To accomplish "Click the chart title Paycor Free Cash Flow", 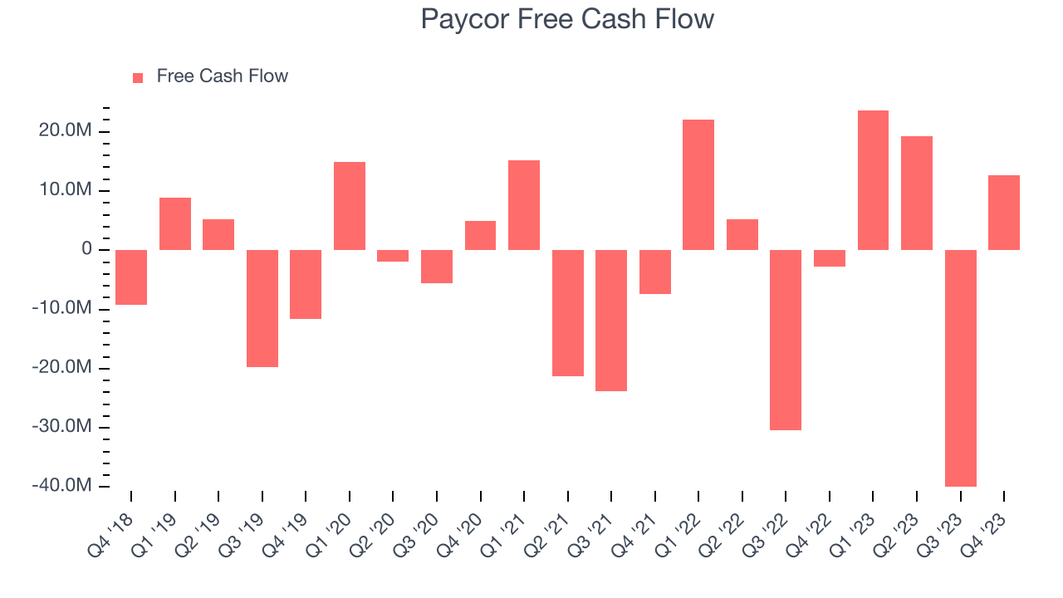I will (567, 18).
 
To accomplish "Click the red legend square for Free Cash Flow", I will (138, 77).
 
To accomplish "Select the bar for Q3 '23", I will (960, 368).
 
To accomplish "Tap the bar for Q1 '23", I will (873, 180).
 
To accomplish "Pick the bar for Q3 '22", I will (786, 340).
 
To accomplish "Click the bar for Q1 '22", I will (698, 184).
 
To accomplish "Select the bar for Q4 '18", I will (131, 277).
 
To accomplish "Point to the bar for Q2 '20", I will (393, 256).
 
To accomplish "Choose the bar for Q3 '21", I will (611, 320).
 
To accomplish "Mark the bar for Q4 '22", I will (829, 258).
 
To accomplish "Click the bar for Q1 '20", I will (350, 206).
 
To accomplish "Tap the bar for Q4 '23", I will (1004, 213).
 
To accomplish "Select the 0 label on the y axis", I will (86, 250).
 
